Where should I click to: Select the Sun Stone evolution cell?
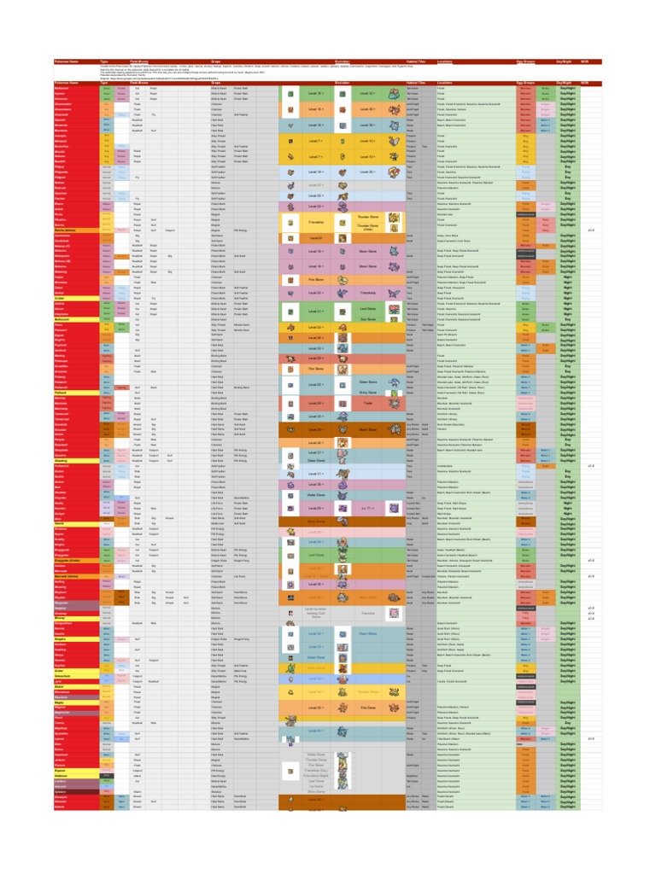(367, 318)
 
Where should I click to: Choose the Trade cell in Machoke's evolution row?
(367, 401)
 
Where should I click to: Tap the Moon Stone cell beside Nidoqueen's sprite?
(367, 252)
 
